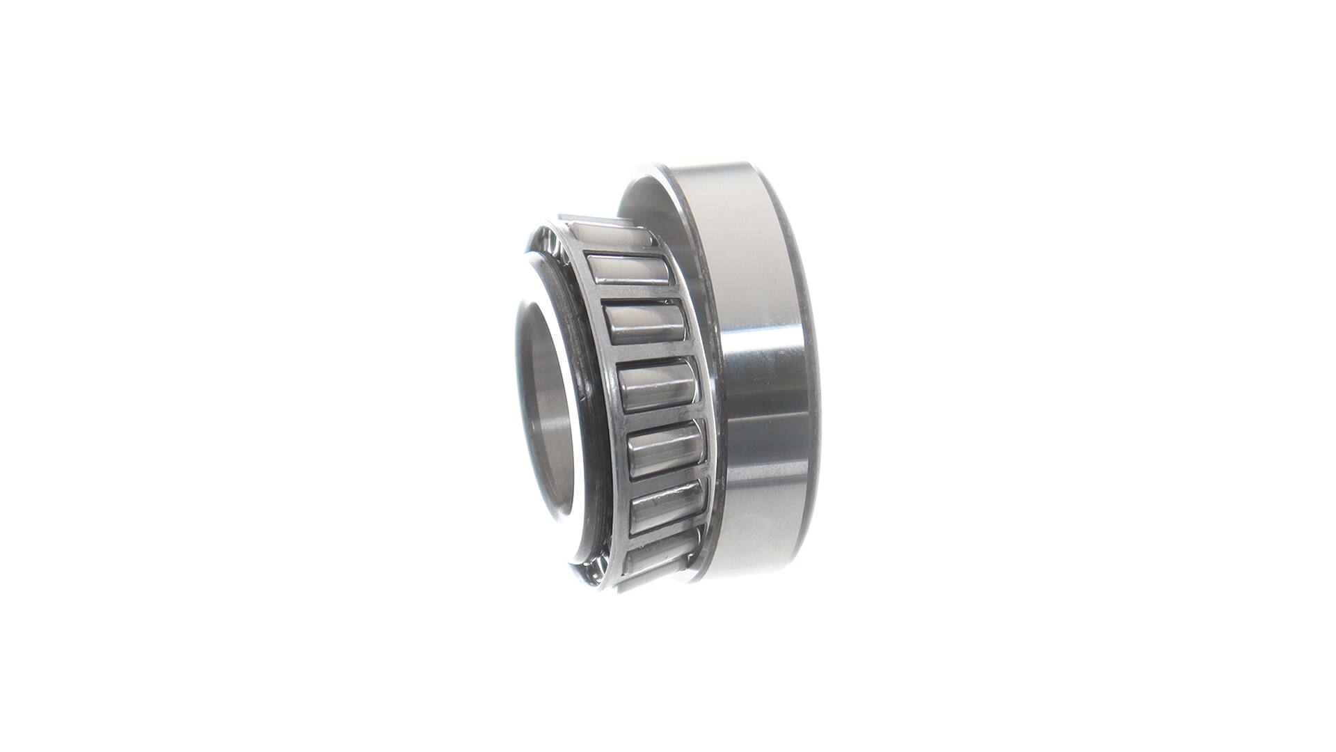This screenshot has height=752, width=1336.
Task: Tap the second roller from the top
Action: (628, 269)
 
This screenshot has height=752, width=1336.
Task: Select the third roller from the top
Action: (646, 323)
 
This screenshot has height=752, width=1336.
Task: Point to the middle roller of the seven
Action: (657, 386)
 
